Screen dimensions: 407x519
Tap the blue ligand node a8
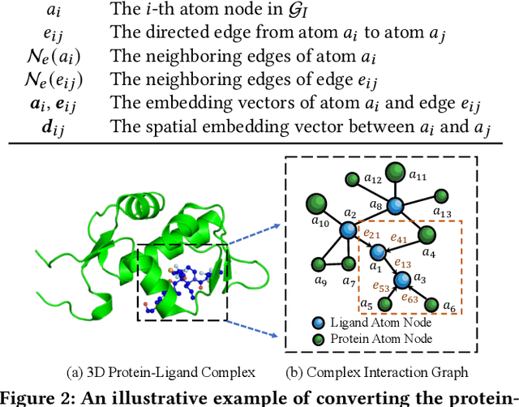click(395, 206)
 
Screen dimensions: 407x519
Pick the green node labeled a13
click(441, 195)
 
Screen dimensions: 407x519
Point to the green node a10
click(318, 203)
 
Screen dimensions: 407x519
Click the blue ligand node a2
click(350, 230)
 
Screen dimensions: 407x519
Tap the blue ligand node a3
click(402, 281)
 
